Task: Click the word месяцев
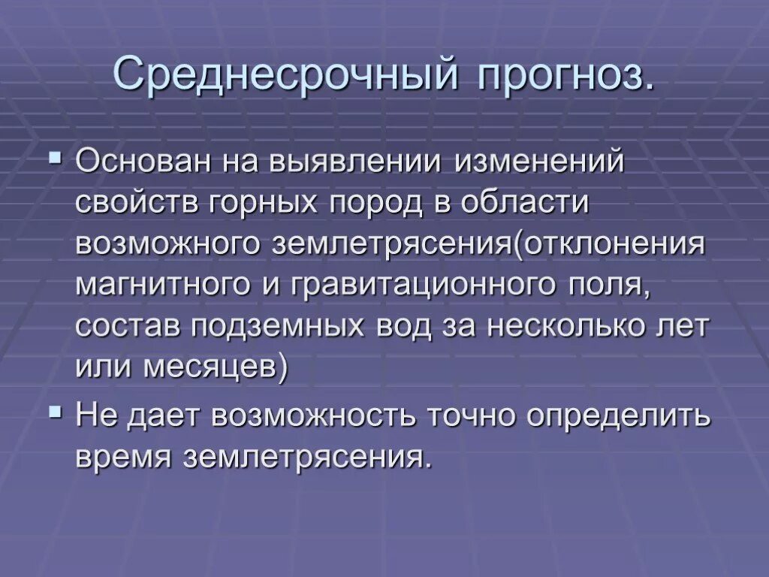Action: pyautogui.click(x=207, y=367)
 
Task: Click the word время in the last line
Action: pyautogui.click(x=122, y=456)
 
